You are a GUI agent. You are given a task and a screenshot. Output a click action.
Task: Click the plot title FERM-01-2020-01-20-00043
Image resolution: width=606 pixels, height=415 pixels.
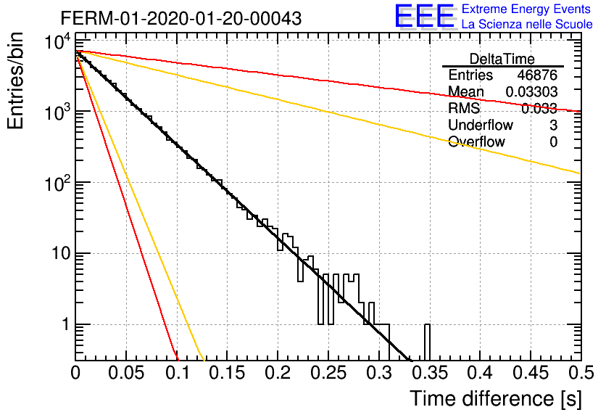tap(181, 18)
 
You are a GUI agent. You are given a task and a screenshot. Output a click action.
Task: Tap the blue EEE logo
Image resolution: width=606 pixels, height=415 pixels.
tap(424, 16)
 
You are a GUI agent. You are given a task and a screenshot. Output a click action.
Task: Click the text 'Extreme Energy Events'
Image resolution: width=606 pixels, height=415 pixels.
tap(526, 9)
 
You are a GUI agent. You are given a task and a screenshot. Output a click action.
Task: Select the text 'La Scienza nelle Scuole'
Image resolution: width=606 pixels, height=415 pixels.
tap(527, 24)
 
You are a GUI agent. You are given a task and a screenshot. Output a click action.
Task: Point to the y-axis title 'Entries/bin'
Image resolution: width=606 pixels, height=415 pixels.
tap(15, 81)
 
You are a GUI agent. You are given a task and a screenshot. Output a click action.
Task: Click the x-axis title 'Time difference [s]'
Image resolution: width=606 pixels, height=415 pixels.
tap(496, 399)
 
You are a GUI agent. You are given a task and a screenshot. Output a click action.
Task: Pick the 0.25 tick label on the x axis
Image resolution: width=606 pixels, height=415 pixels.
tap(328, 373)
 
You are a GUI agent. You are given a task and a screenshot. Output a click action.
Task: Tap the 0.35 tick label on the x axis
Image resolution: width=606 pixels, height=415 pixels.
tap(430, 373)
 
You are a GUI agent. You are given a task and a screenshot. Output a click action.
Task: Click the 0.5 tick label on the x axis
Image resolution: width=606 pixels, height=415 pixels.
tap(581, 373)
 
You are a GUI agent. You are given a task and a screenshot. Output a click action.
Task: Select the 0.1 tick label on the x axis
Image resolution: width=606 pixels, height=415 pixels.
tap(178, 373)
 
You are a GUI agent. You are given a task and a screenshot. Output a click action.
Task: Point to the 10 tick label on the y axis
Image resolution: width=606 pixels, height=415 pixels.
tap(61, 254)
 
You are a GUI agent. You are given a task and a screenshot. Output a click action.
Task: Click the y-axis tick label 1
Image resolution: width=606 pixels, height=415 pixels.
tap(66, 324)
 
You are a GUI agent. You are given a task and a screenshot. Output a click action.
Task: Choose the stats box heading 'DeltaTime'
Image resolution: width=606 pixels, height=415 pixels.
tap(502, 59)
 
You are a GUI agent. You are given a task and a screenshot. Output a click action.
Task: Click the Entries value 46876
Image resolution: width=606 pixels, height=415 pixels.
tap(537, 75)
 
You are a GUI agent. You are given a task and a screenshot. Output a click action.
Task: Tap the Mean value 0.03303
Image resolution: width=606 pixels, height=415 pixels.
tap(532, 91)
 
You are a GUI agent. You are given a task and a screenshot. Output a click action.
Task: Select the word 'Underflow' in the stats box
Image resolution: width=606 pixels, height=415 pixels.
tap(481, 125)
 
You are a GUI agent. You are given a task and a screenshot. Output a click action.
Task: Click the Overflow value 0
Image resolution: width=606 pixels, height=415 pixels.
tap(553, 142)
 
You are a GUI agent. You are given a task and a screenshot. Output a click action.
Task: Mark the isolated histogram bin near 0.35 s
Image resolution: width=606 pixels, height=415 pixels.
tap(427, 342)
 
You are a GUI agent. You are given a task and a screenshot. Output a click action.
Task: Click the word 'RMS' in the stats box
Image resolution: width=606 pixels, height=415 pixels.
tap(464, 108)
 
